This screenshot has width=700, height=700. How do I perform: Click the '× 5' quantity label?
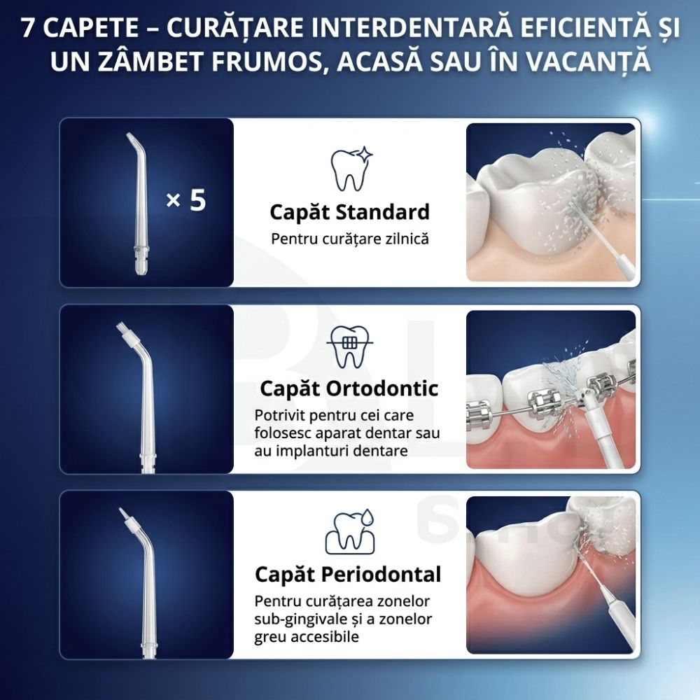tap(186, 200)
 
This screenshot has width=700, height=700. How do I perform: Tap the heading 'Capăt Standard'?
tap(349, 211)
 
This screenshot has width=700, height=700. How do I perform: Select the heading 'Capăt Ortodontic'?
tap(349, 388)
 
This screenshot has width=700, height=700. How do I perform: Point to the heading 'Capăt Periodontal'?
tap(348, 575)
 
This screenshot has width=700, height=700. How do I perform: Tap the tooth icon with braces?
tap(349, 347)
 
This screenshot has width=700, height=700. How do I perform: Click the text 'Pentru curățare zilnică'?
tap(349, 239)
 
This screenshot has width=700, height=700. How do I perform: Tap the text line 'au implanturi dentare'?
tap(331, 451)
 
